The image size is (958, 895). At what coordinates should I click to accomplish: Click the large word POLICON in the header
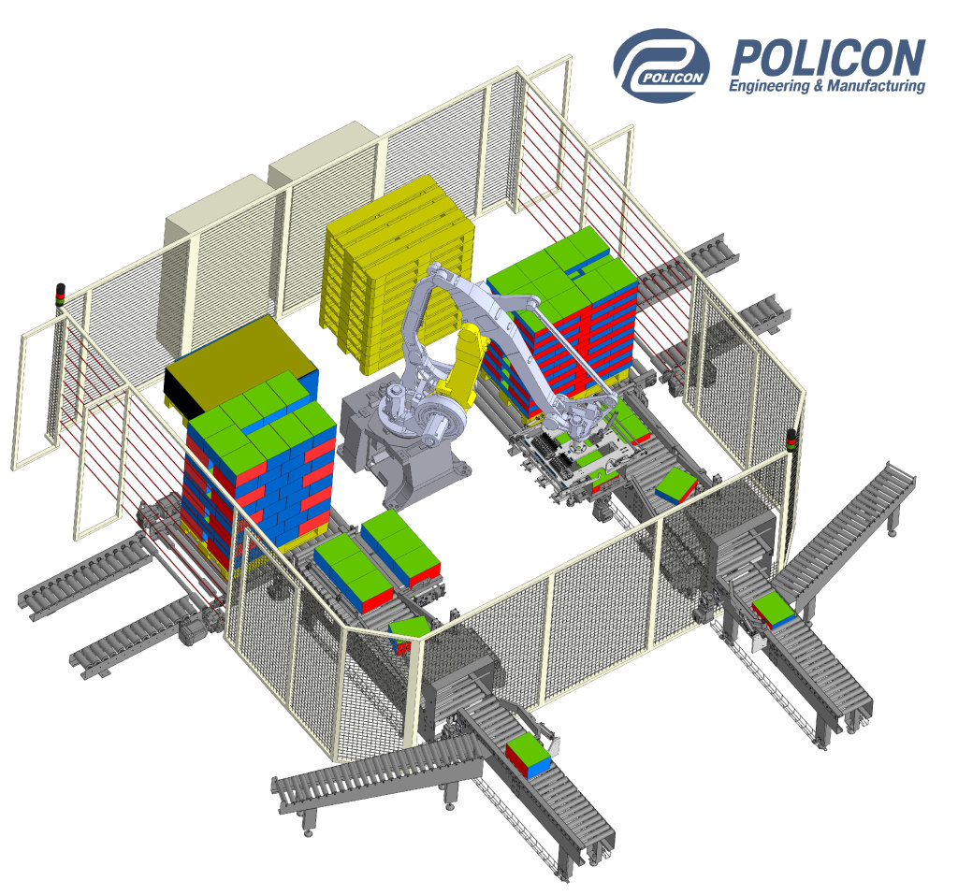(828, 57)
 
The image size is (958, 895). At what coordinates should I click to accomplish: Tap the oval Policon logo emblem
(661, 65)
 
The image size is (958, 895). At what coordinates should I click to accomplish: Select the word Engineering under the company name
(769, 86)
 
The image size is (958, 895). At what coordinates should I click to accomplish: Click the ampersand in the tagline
(819, 86)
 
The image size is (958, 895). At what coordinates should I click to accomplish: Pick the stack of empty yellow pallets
(397, 275)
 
